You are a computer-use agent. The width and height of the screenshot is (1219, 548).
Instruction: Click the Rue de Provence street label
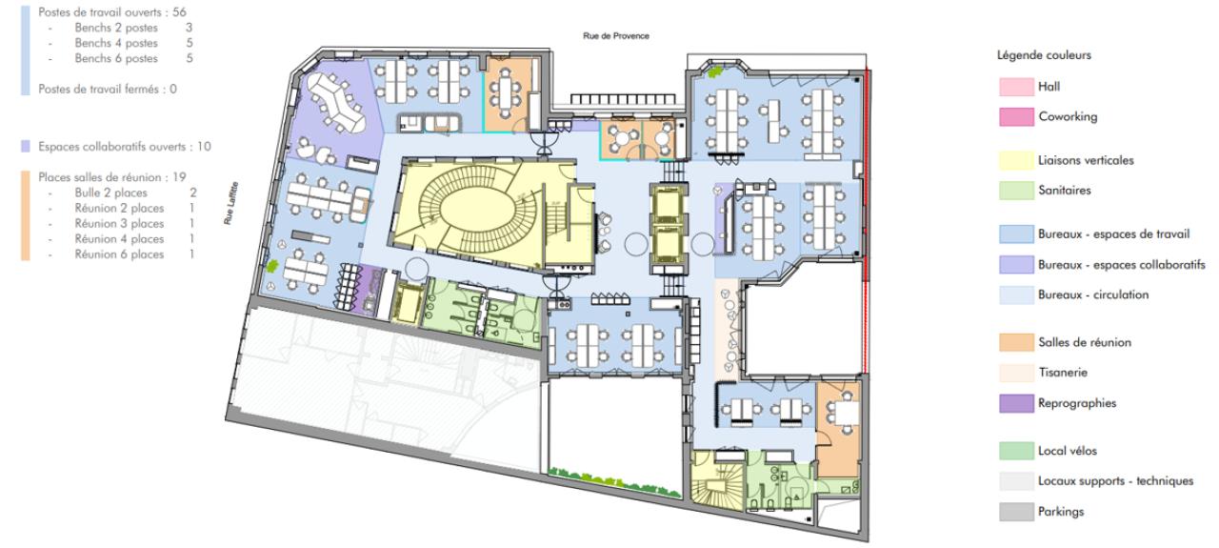coord(616,36)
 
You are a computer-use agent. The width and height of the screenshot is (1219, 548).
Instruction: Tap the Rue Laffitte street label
coord(230,203)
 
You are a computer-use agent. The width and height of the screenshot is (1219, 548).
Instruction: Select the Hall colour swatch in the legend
coord(1016,87)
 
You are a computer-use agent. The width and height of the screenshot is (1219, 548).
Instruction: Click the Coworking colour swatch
coord(1016,117)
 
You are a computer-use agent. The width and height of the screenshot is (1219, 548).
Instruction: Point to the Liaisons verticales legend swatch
coord(1016,161)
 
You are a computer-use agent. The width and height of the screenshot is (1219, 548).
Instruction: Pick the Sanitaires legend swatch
coord(1016,191)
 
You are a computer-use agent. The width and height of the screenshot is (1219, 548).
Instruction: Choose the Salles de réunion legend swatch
coord(1016,343)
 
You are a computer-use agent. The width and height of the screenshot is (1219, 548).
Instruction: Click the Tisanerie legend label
coord(1063,373)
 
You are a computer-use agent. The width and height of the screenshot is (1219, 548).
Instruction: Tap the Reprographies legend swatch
coord(1016,404)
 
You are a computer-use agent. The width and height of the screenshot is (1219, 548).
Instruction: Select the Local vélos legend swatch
coord(1016,451)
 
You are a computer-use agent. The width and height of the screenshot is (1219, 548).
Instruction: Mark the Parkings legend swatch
coord(1016,512)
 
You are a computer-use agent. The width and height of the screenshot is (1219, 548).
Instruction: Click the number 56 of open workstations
coord(180,12)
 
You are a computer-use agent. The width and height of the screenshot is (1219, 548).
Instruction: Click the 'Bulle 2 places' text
coord(111,193)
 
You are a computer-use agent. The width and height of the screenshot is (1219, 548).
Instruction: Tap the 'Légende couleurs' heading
coord(1044,55)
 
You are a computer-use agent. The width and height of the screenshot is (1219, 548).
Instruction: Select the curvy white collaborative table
coord(336,104)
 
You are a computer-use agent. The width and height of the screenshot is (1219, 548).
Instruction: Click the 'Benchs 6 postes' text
coord(116,59)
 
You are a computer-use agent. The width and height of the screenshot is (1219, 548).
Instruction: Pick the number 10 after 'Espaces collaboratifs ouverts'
coord(204,147)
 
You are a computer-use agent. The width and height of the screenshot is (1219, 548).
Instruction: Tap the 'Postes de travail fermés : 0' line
coord(108,90)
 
